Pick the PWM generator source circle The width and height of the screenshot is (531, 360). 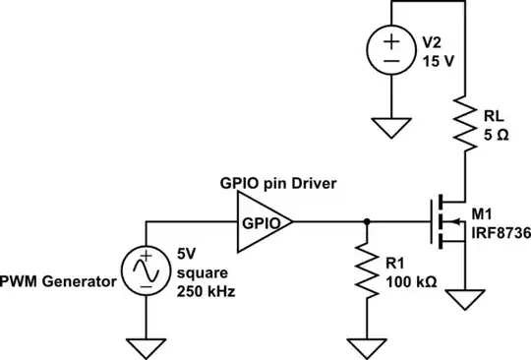click(144, 270)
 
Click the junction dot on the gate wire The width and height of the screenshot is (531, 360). click(367, 221)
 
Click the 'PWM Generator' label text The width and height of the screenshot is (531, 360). click(59, 282)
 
